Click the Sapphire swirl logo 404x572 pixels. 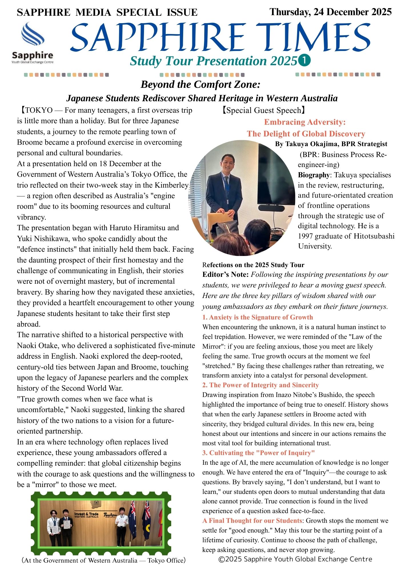(x=33, y=34)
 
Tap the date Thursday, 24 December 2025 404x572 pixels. (x=330, y=12)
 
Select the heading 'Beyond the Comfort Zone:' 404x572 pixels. (x=201, y=84)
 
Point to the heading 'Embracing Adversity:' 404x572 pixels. (x=305, y=122)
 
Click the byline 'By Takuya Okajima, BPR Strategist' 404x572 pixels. (x=331, y=144)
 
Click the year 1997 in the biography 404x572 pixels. (x=307, y=236)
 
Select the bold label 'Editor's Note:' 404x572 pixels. (x=225, y=275)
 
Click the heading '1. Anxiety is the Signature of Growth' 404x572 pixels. (x=257, y=317)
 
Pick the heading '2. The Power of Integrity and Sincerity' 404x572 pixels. (x=260, y=385)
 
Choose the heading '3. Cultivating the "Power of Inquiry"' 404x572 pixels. (x=258, y=453)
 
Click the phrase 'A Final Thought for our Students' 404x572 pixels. (x=252, y=521)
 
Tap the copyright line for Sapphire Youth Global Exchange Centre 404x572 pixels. (x=295, y=559)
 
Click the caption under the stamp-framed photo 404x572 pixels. (x=104, y=560)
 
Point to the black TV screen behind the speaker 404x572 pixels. (x=276, y=174)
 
